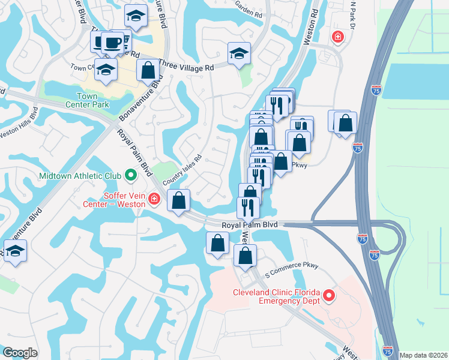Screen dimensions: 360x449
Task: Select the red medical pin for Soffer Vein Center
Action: (x=154, y=198)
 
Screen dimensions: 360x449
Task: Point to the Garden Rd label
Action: (x=249, y=8)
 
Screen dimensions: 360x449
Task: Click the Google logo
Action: (x=20, y=353)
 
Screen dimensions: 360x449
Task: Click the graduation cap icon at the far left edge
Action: (x=15, y=251)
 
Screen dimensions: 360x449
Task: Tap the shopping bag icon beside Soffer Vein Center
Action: (x=178, y=200)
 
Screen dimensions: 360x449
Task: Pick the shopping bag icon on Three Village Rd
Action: (x=148, y=70)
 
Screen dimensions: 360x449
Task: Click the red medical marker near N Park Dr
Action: (x=337, y=37)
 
